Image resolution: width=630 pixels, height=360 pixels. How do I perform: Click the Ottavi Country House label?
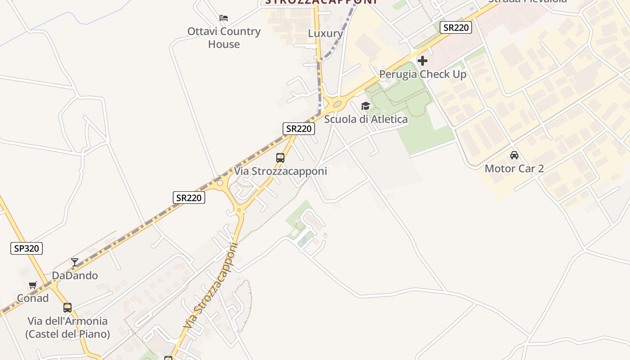224,38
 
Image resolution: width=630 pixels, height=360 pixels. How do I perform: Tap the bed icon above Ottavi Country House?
224,18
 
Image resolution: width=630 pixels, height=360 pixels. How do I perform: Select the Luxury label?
325,33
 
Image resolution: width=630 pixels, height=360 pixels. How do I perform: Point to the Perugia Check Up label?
423,74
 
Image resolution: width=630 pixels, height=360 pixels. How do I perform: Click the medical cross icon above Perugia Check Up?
423,60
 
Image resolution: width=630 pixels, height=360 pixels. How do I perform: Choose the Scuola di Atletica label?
366,119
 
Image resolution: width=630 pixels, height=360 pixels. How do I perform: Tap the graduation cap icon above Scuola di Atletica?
365,106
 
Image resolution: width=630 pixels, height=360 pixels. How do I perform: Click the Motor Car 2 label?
514,169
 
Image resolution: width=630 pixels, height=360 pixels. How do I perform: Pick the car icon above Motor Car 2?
514,155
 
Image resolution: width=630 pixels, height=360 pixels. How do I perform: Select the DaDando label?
75,275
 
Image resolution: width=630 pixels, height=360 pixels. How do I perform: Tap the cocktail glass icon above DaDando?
75,262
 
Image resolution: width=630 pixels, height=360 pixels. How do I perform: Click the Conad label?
33,298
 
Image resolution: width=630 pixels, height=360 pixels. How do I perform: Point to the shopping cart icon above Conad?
33,285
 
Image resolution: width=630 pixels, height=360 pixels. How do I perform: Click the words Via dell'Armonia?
67,321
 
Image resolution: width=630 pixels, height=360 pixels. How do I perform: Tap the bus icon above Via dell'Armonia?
67,308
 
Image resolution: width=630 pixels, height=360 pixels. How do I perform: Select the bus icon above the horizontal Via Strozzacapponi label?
280,158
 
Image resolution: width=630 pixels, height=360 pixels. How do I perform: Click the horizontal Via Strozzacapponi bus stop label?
280,171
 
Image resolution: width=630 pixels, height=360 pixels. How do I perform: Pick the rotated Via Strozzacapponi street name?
211,286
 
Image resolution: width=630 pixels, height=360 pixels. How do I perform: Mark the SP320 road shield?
27,248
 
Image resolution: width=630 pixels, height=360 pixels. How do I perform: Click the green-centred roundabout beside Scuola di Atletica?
337,104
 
